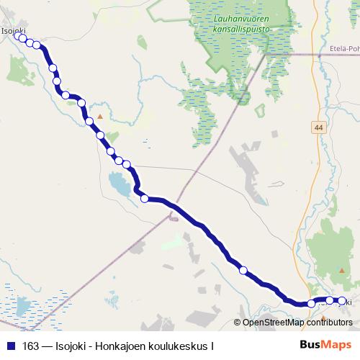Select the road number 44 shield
318,127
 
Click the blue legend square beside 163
10,346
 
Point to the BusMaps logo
325,345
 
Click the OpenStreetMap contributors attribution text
297,323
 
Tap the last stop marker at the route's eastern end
341,302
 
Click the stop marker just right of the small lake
145,199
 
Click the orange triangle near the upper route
100,116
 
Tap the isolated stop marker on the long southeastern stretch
243,270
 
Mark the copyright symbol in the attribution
237,323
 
